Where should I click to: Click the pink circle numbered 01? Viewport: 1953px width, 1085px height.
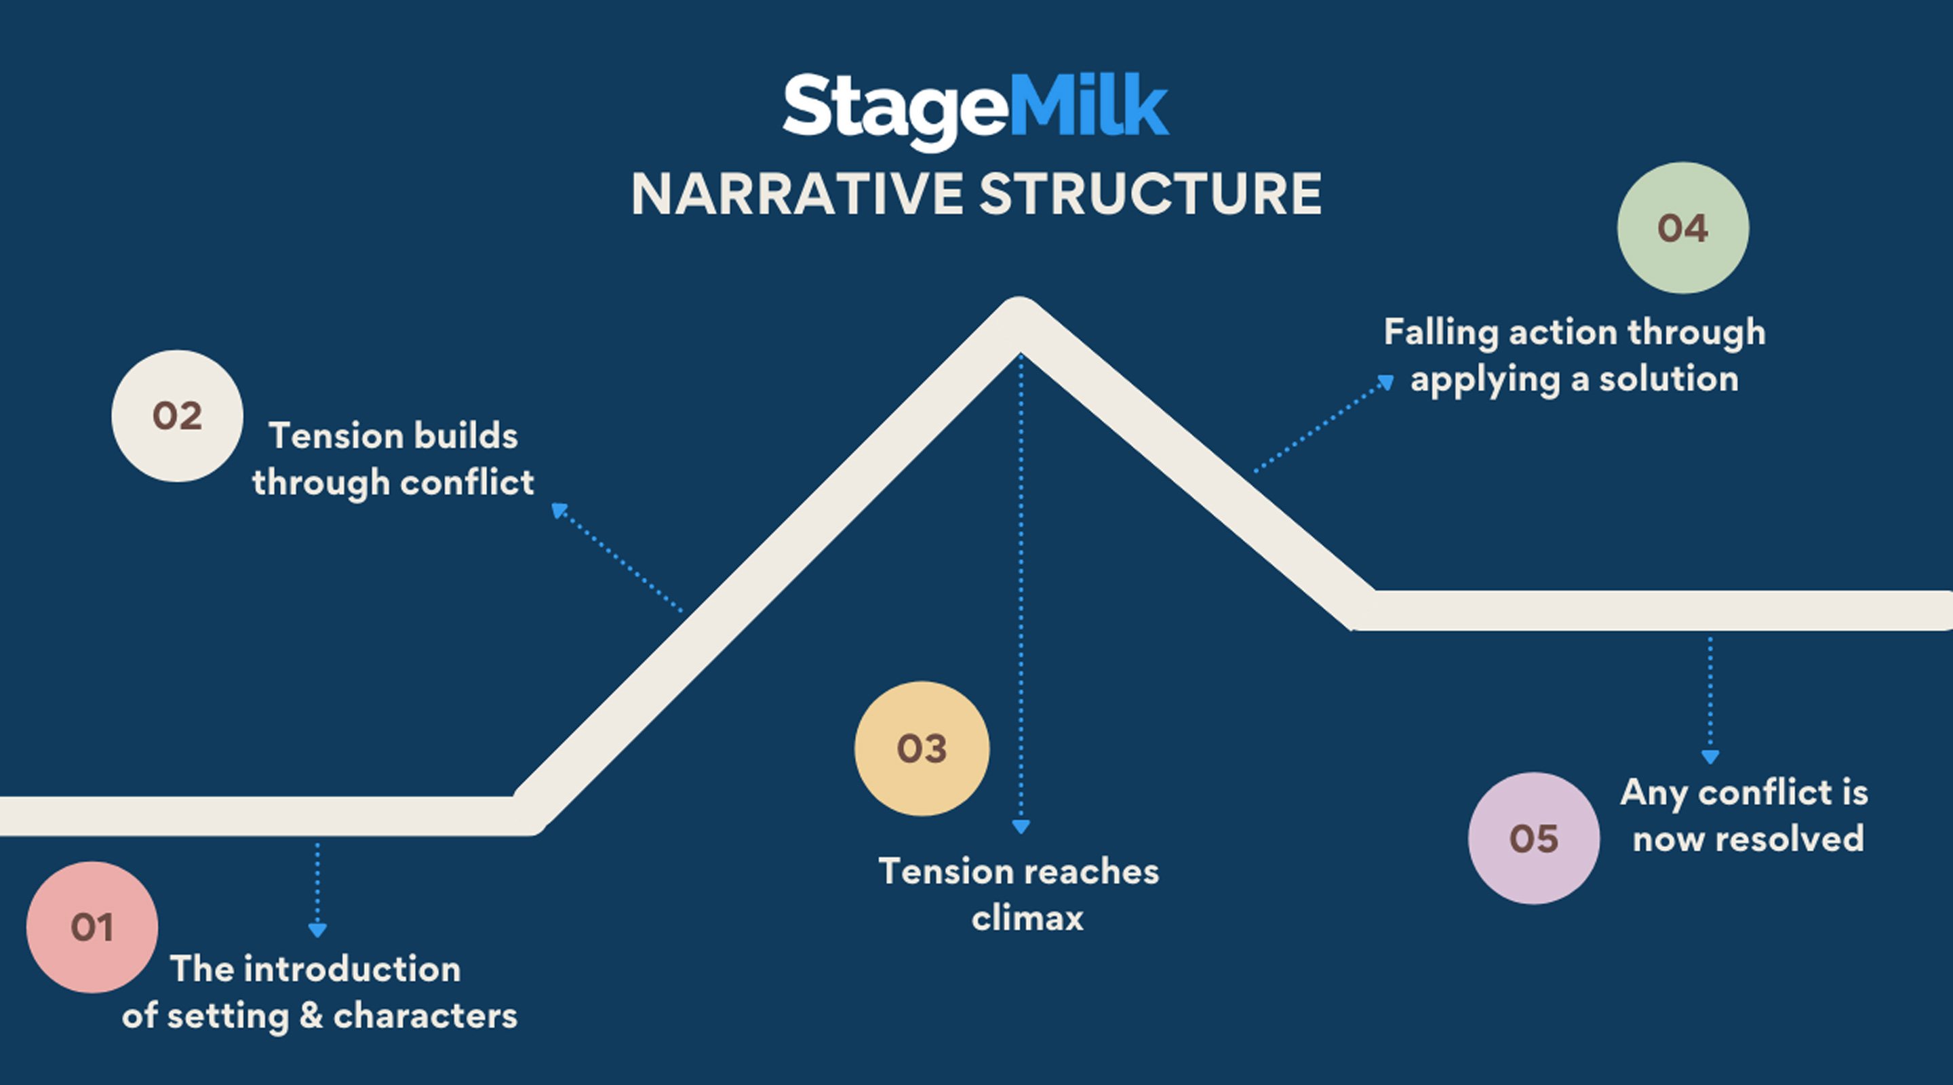click(92, 926)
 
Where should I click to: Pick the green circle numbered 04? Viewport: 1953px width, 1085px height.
click(1682, 227)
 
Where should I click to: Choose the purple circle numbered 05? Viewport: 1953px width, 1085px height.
click(1533, 837)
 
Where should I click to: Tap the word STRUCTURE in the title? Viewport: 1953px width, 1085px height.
click(1150, 195)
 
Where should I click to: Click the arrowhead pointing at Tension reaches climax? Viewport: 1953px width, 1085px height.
click(1021, 827)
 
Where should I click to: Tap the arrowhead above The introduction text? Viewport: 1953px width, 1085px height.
click(317, 930)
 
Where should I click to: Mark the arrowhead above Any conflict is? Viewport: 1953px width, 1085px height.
click(1710, 757)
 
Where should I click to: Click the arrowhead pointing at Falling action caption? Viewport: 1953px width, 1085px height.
click(1385, 382)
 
